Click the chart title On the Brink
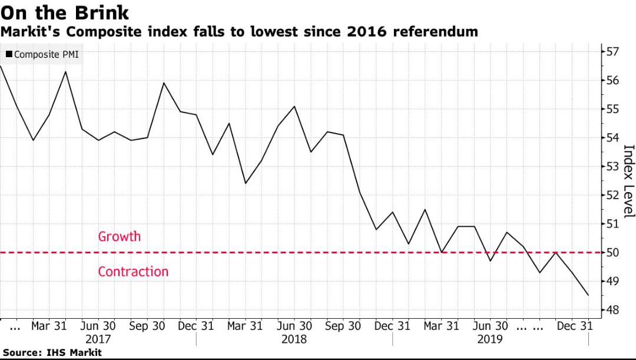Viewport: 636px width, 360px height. coord(65,12)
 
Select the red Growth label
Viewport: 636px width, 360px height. coord(120,236)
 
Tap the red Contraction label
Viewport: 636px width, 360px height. coord(133,272)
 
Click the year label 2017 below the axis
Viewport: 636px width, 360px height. coord(98,339)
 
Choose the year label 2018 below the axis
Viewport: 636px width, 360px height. coord(294,339)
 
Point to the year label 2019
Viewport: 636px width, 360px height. coord(489,339)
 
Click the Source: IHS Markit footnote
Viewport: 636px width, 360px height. coord(51,352)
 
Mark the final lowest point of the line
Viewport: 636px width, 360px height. coord(588,295)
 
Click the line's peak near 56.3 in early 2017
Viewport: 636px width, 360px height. coord(65,72)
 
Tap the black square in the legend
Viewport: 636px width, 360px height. coord(9,55)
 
